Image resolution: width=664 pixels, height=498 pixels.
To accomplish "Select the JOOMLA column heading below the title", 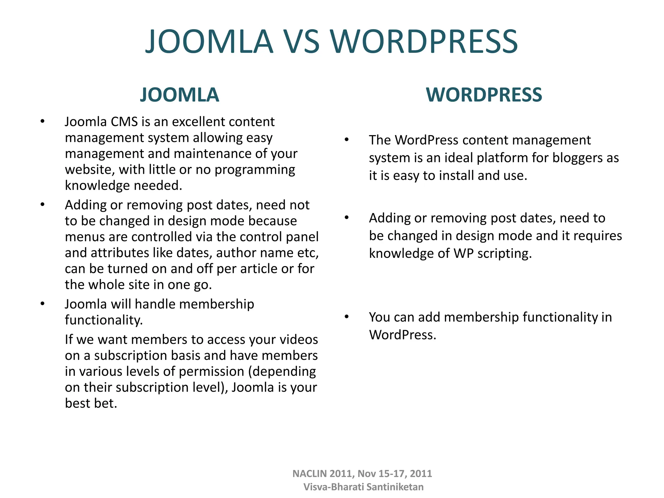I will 179,95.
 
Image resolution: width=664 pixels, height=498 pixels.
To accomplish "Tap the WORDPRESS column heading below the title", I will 484,95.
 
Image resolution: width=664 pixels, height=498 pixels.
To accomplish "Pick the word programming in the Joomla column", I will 255,170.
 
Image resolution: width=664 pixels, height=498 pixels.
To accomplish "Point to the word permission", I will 211,372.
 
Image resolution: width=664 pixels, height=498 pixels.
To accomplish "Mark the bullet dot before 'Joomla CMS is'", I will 42,122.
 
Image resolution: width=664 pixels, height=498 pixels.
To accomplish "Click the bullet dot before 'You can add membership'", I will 347,317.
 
